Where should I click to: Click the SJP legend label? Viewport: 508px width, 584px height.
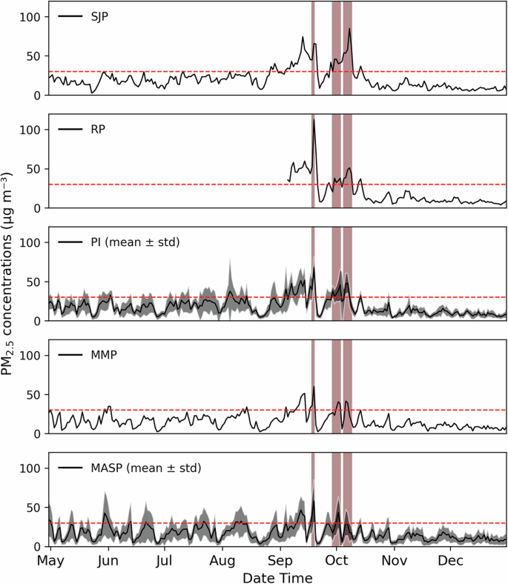[98, 16]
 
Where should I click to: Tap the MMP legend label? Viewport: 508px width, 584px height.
[101, 355]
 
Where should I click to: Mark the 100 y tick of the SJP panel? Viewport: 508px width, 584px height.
[31, 16]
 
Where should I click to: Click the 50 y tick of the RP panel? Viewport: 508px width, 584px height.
[34, 169]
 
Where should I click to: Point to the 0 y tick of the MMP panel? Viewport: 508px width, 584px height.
[38, 434]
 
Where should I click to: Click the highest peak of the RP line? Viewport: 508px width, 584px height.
[314, 120]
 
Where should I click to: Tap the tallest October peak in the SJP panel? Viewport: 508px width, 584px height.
[349, 29]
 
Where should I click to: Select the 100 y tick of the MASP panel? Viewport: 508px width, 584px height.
[31, 468]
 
